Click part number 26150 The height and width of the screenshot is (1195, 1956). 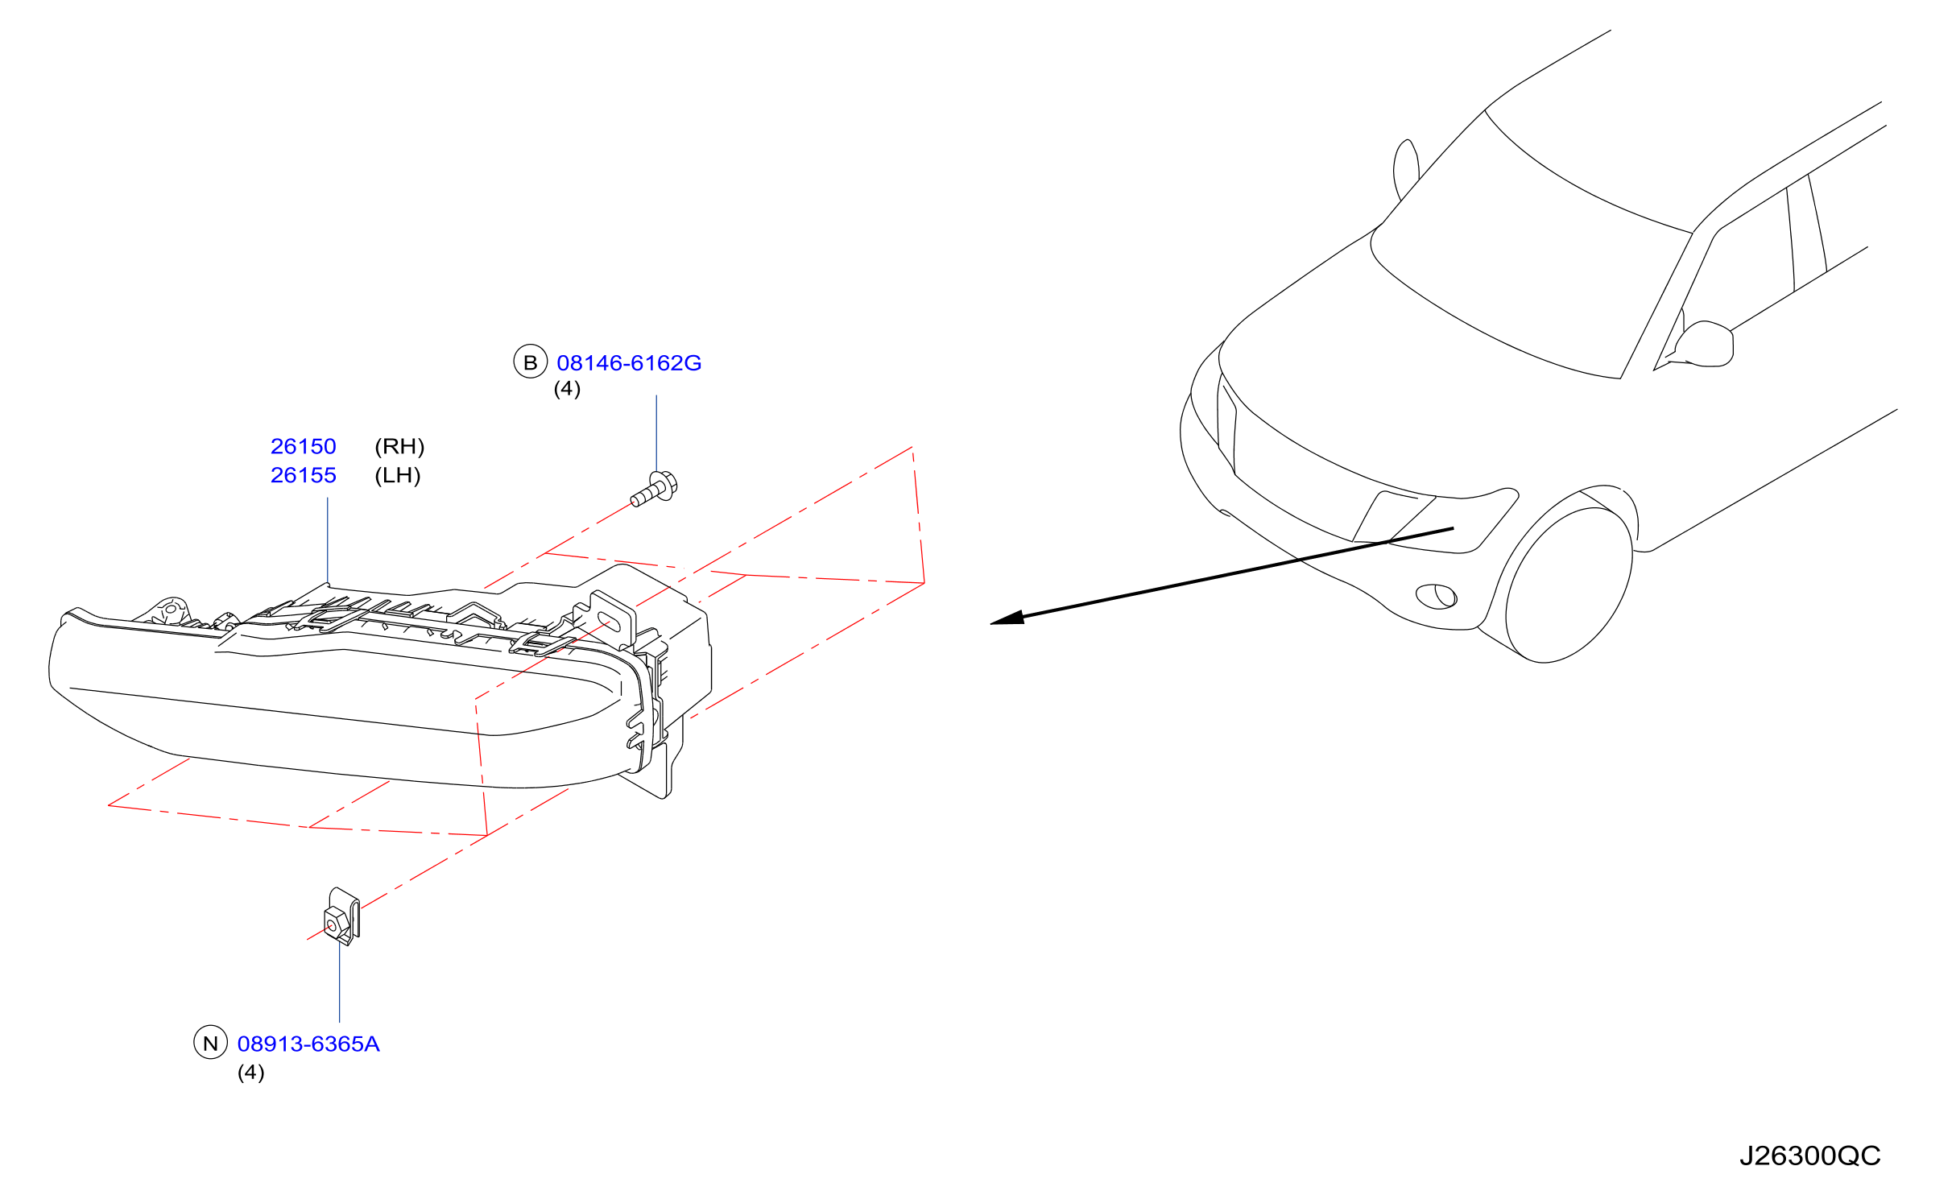tap(304, 446)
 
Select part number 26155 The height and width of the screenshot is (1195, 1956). tap(304, 475)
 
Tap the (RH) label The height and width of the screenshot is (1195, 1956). tap(399, 446)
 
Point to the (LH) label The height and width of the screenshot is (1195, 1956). tap(398, 475)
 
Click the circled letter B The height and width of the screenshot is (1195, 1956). tap(531, 362)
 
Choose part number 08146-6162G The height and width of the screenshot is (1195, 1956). tap(629, 363)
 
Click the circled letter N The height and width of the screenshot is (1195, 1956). tap(211, 1043)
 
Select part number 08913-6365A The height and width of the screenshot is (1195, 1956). tap(308, 1044)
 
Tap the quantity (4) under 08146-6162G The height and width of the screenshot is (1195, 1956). tap(567, 389)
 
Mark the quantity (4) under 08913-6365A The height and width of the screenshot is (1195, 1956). tap(251, 1073)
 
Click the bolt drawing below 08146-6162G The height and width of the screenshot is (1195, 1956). tap(654, 489)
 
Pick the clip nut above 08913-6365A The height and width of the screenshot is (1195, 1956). tap(341, 916)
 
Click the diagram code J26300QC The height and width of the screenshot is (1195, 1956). tap(1809, 1156)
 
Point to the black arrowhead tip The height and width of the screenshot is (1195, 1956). tap(990, 623)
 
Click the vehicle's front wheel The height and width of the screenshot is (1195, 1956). tap(1569, 584)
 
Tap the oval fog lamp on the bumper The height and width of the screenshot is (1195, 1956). tap(1437, 597)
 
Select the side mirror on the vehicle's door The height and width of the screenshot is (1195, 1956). tap(1706, 344)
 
